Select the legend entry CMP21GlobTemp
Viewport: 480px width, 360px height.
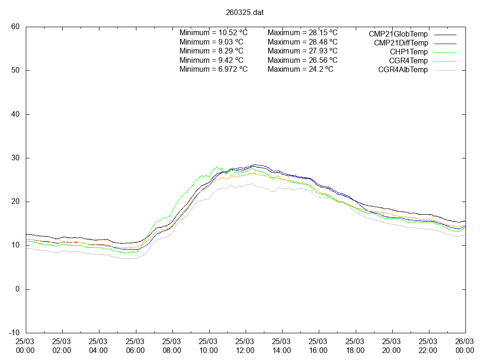coord(398,34)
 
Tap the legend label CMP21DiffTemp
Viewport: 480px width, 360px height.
coord(401,43)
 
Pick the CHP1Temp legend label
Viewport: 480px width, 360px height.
coord(409,52)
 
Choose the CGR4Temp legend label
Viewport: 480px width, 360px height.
coord(408,60)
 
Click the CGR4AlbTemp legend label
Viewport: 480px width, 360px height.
coord(403,70)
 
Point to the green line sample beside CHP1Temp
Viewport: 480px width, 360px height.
coord(444,52)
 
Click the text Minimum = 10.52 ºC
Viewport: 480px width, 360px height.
coord(213,33)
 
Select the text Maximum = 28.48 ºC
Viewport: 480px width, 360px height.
coord(302,42)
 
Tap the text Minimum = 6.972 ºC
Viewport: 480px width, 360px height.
coord(213,69)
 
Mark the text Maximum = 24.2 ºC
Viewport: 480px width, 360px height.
coord(300,69)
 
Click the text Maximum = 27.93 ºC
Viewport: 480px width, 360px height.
coord(302,51)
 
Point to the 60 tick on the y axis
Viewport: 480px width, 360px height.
coord(15,27)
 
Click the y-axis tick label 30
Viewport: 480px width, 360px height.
coord(15,158)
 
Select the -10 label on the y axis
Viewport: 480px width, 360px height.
coord(14,333)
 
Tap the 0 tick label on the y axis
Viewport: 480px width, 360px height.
coord(18,289)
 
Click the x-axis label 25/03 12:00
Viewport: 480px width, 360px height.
coord(245,346)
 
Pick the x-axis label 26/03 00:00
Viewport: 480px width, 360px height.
coord(465,346)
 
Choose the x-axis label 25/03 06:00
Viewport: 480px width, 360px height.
coord(135,346)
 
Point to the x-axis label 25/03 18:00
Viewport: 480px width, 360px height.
coord(355,346)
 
